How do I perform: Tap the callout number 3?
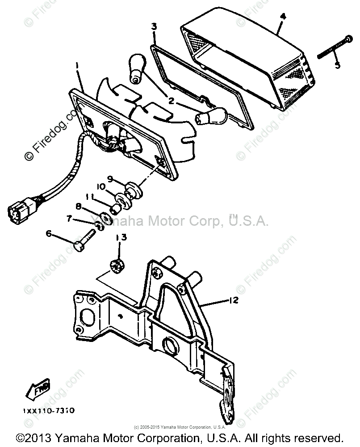154,27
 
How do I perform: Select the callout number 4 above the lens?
282,17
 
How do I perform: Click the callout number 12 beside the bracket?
234,301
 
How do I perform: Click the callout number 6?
48,233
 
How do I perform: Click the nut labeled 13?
117,265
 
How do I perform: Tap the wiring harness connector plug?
17,211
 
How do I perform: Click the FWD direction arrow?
40,390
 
